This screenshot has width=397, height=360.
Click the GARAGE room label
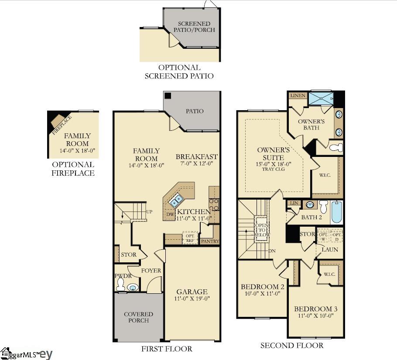coord(192,292)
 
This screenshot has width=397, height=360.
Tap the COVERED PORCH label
coord(139,317)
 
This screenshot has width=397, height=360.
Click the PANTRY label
coord(209,241)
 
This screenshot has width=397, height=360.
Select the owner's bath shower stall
coord(322,99)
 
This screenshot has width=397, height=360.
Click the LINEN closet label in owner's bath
coord(298,95)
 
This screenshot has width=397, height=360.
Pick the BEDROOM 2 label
coord(263,287)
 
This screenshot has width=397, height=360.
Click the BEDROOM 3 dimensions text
coord(315,316)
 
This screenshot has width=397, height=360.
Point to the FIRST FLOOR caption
coord(166,349)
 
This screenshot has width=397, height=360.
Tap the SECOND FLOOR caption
coord(292,346)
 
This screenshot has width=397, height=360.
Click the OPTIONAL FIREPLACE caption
coord(73,169)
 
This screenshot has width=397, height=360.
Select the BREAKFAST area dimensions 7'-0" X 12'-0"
coord(197,163)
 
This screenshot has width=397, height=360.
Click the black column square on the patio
coord(168,96)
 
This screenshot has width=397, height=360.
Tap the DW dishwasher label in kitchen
coord(170,214)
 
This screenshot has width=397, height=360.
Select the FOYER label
coord(151,271)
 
